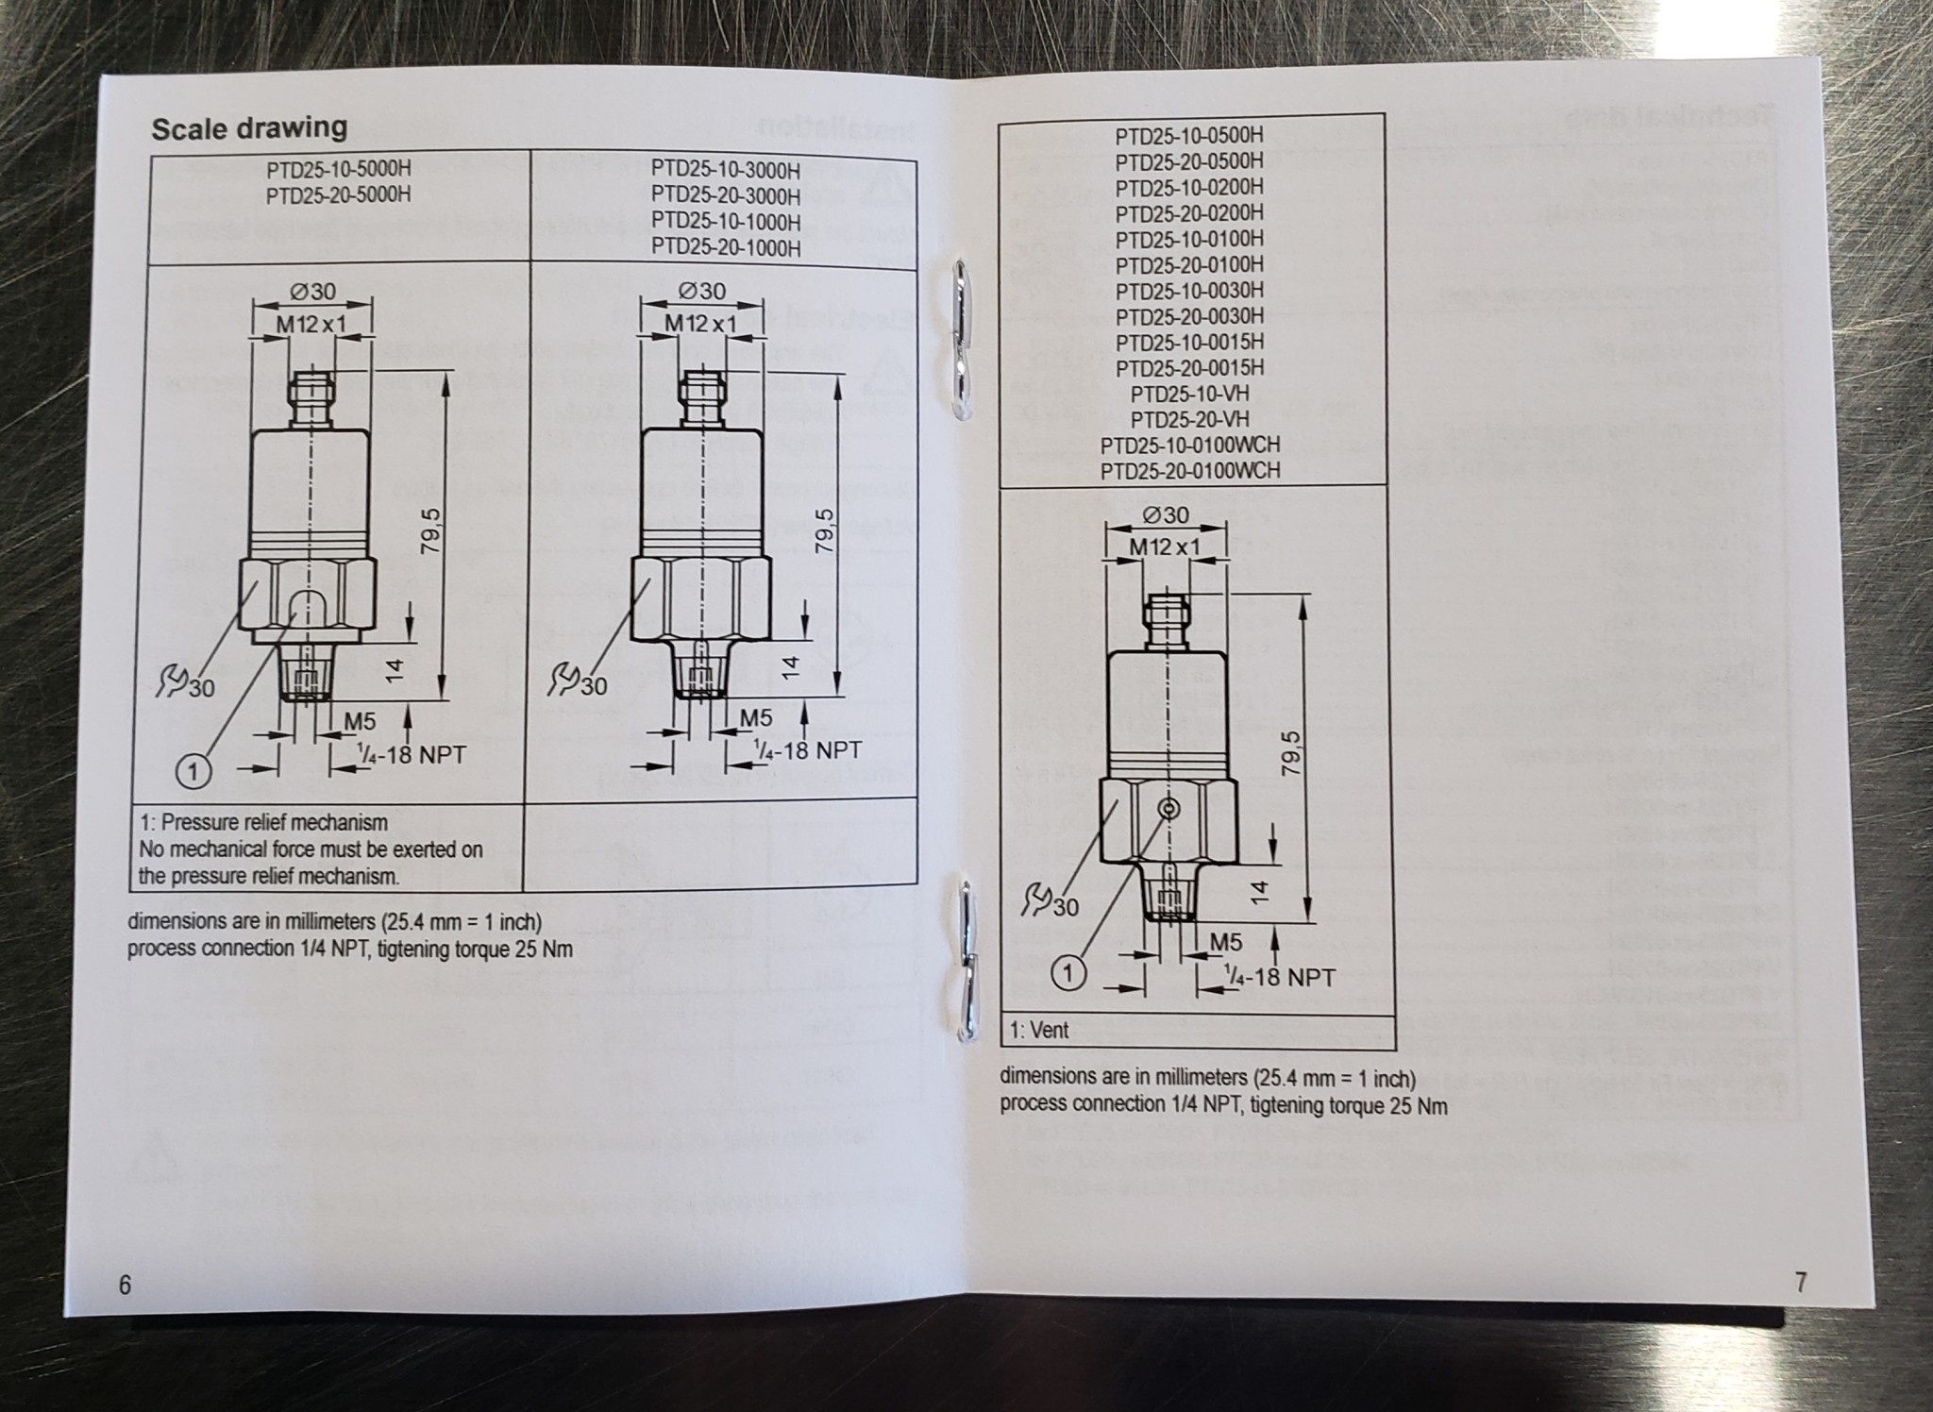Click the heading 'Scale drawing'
249,128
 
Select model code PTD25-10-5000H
338,171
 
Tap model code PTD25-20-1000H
725,248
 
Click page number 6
125,1285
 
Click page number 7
1800,1283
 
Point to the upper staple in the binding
961,339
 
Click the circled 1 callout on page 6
193,773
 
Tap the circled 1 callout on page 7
1068,973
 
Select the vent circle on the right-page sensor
1169,808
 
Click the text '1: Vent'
1039,1030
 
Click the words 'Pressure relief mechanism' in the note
275,822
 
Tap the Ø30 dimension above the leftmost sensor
312,292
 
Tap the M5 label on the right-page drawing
1225,942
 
